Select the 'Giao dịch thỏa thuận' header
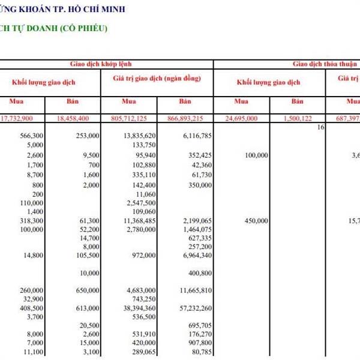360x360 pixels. coord(325,63)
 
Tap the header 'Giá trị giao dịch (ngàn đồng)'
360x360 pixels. coord(157,79)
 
